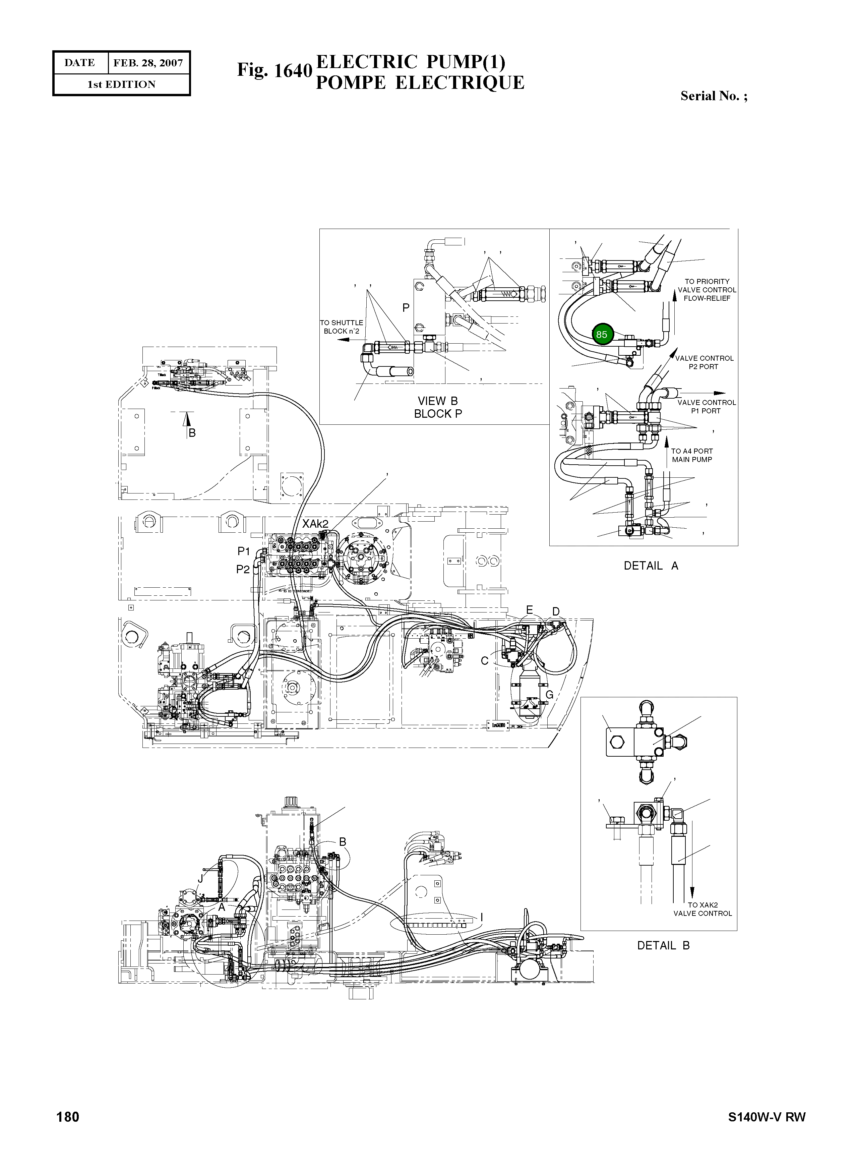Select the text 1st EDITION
[x=121, y=84]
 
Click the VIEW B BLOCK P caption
[x=438, y=407]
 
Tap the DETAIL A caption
[x=651, y=566]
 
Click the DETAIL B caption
[x=663, y=945]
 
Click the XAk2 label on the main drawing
[x=315, y=524]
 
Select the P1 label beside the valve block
[x=244, y=551]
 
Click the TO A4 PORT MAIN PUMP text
[x=692, y=455]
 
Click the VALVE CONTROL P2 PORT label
[x=704, y=362]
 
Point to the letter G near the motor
[x=549, y=695]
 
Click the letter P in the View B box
[x=406, y=308]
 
